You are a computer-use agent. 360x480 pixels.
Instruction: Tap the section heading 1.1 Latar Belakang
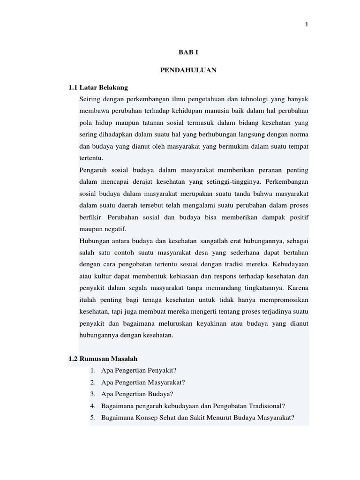[98, 88]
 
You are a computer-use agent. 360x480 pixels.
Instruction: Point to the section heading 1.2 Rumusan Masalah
[103, 359]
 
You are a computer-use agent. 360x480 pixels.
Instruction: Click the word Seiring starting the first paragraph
[90, 99]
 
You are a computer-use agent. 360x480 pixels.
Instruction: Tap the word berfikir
[92, 217]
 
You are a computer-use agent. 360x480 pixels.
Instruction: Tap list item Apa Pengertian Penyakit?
[139, 371]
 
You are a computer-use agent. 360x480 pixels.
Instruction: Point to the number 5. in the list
[93, 418]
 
